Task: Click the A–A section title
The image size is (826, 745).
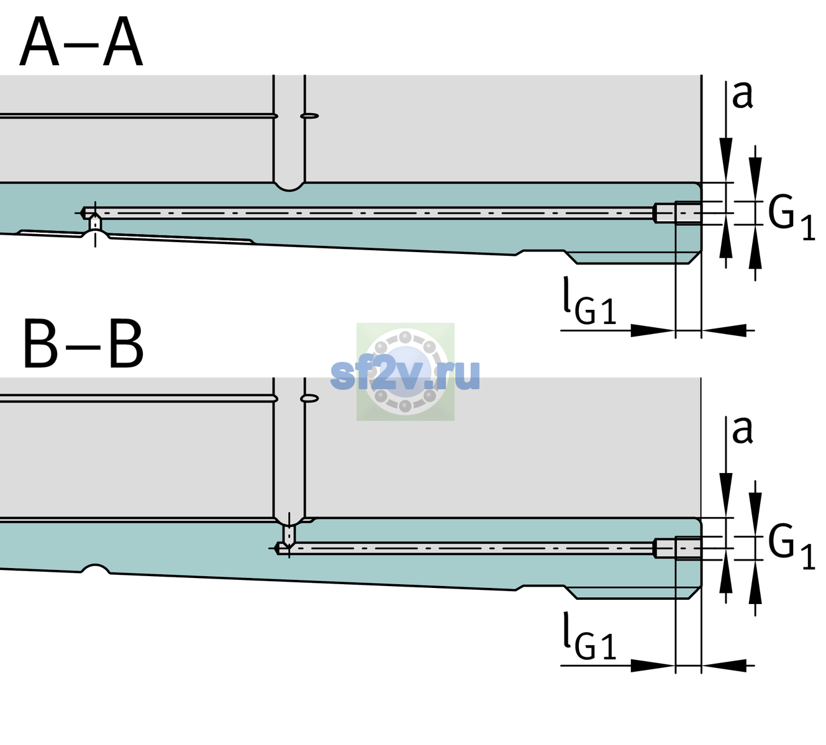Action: tap(81, 42)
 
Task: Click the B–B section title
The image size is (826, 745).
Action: tap(84, 344)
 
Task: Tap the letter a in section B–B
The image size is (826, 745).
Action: tap(742, 431)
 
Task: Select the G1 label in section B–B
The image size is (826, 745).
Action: tap(791, 548)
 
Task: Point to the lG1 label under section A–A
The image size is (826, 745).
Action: tap(589, 300)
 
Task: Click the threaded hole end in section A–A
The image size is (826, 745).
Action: tap(678, 213)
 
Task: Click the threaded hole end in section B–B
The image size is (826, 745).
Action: tap(678, 548)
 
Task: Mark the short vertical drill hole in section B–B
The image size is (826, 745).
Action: tap(289, 535)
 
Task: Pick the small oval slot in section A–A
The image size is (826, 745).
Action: tap(309, 116)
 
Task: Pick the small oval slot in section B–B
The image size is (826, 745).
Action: tap(309, 399)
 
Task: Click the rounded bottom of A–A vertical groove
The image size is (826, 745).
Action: tap(289, 187)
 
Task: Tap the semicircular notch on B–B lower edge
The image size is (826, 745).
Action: tap(96, 569)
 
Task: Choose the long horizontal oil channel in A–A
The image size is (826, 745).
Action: tap(368, 213)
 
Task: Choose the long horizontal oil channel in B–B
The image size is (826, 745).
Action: tap(465, 548)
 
